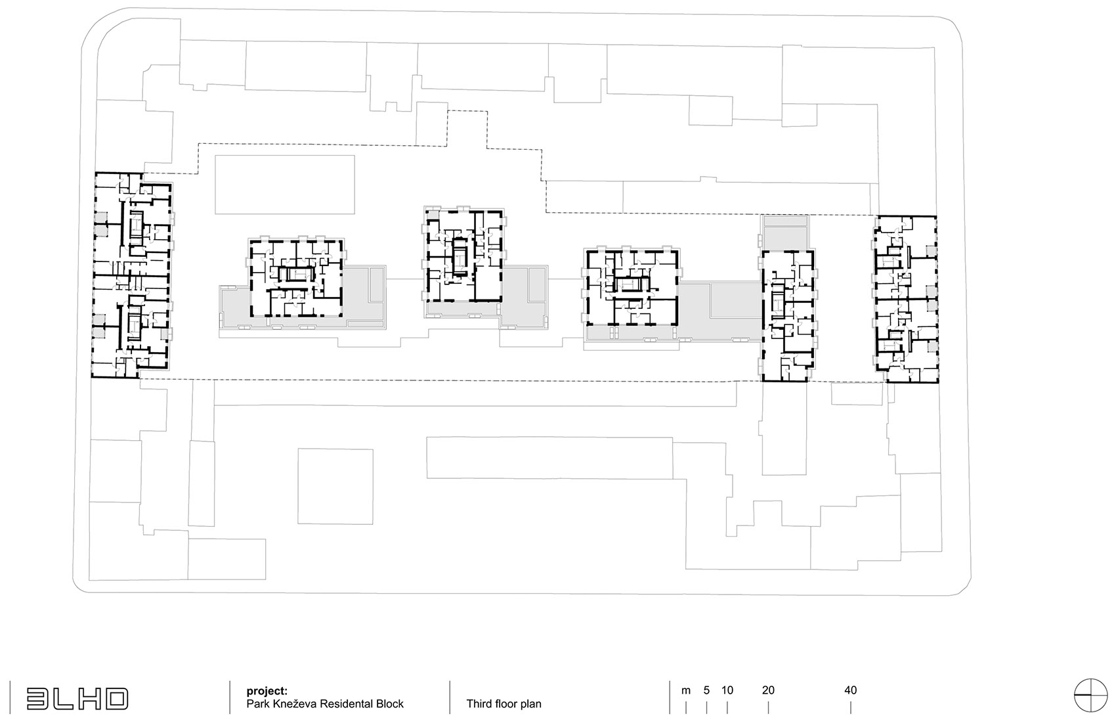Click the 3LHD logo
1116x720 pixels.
pos(77,698)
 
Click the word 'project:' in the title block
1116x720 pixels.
pos(267,690)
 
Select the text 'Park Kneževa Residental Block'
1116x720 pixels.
pos(325,704)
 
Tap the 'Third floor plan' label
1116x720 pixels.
pos(504,704)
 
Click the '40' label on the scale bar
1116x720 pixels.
pos(850,690)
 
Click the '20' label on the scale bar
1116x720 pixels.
pos(768,690)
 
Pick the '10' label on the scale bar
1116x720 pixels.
pos(727,690)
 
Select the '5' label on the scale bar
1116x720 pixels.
pos(706,690)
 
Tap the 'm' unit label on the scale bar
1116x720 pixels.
pos(686,690)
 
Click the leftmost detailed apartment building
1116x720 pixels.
pos(131,275)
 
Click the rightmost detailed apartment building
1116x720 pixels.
pos(905,299)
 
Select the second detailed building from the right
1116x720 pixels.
pos(788,315)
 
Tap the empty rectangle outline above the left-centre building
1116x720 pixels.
pos(285,184)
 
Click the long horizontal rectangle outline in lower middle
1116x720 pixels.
pos(549,457)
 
